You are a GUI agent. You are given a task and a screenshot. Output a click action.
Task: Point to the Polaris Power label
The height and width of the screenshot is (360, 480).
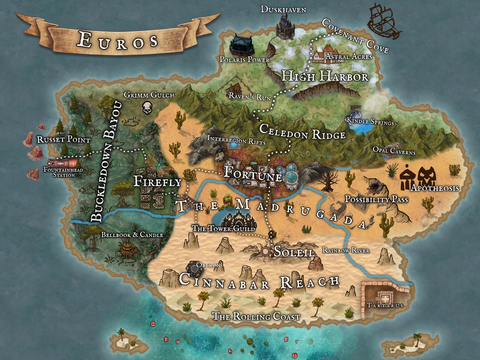(244, 60)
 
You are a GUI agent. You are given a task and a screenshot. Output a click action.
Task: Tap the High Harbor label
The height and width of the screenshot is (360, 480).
(325, 76)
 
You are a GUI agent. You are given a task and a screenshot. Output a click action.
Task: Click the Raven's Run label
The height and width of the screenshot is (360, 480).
(250, 97)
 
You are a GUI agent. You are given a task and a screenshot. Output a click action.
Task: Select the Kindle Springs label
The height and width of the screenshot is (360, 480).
(370, 121)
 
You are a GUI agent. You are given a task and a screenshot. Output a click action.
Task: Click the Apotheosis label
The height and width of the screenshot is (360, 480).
(434, 188)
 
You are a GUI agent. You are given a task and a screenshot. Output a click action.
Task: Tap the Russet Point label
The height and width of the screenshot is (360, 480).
(63, 140)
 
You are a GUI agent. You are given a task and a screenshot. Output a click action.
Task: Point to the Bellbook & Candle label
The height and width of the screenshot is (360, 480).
(132, 235)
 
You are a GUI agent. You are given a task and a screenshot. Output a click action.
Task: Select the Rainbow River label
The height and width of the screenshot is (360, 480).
(346, 250)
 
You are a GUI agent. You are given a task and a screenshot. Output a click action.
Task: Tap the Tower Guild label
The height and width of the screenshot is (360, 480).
(224, 228)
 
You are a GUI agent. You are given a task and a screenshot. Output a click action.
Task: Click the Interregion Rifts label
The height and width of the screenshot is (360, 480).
(236, 140)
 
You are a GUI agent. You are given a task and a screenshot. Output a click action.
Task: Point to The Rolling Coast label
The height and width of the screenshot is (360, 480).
(256, 316)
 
